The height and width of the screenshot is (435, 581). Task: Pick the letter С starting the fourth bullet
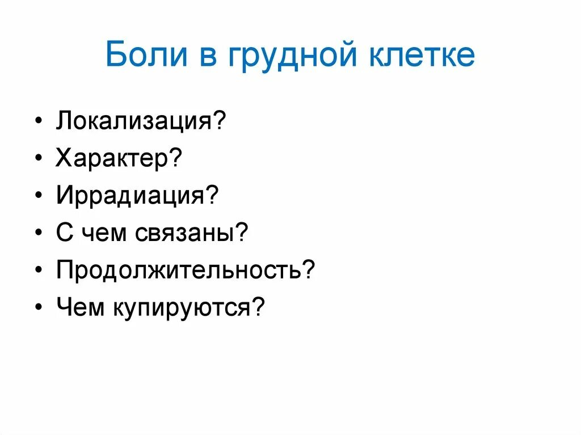(x=65, y=234)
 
